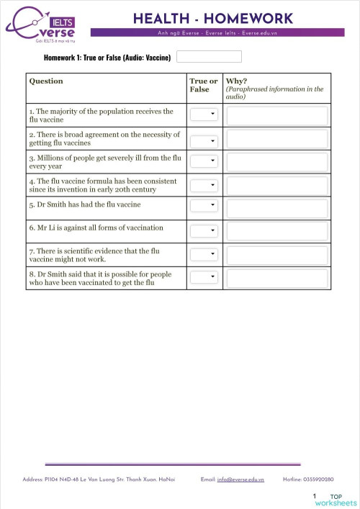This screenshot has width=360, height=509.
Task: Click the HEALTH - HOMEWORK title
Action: click(x=212, y=18)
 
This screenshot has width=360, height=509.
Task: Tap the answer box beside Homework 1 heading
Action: click(x=209, y=57)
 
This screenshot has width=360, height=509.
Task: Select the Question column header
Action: click(x=46, y=81)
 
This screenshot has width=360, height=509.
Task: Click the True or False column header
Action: click(x=203, y=86)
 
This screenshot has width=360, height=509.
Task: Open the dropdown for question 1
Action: click(x=204, y=114)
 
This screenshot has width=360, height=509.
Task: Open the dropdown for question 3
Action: click(x=204, y=161)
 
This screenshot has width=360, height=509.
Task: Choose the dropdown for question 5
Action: click(x=204, y=206)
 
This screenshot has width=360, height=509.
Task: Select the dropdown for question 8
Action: click(x=204, y=277)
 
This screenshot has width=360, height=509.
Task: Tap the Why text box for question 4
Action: click(x=276, y=185)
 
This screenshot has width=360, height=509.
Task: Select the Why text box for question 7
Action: click(x=276, y=254)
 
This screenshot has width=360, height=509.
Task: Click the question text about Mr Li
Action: click(x=96, y=228)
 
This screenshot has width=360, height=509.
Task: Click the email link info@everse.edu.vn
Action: click(x=240, y=479)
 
